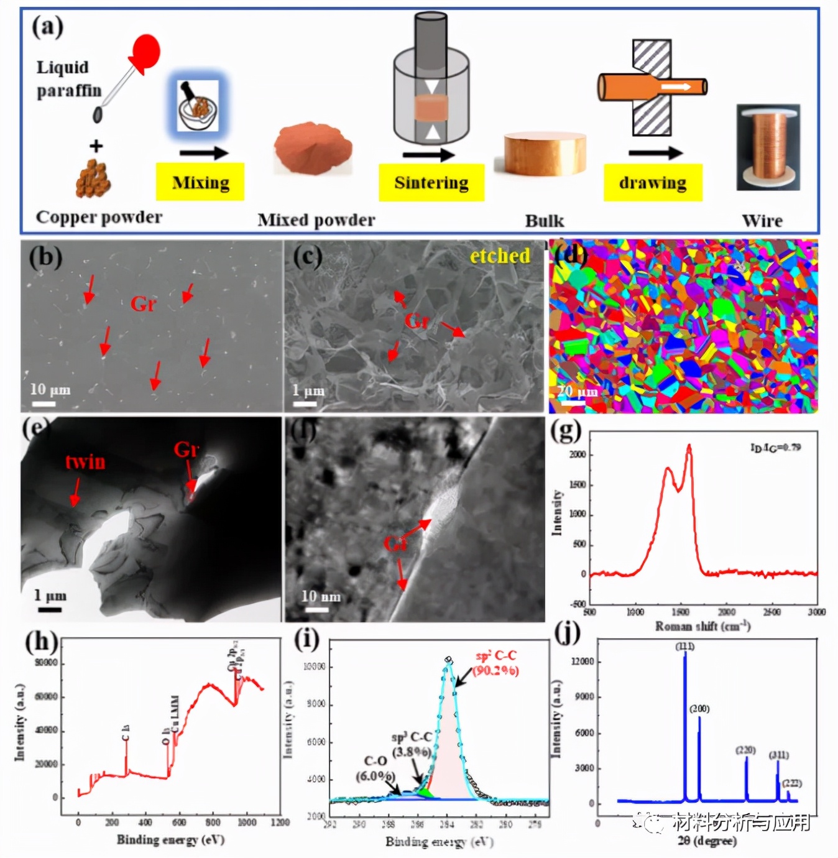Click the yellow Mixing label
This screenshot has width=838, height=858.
point(200,182)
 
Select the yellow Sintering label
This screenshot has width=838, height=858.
point(431,182)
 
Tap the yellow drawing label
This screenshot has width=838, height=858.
point(653,182)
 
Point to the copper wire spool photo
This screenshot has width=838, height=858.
point(768,147)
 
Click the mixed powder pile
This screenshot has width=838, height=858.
point(313,149)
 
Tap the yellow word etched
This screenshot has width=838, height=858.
point(500,256)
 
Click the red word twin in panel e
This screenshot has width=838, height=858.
point(85,461)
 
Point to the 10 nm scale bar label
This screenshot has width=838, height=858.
point(321,597)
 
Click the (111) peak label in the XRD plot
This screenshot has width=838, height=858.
point(685,647)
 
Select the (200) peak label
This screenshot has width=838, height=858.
point(699,709)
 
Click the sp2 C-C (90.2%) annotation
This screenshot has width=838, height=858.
point(495,663)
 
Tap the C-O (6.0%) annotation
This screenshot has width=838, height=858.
point(375,768)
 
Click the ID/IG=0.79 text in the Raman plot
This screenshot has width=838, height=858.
point(775,447)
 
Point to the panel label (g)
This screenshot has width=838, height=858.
point(566,430)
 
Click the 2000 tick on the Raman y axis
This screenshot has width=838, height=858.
point(578,454)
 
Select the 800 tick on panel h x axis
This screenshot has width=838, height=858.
point(213,822)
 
